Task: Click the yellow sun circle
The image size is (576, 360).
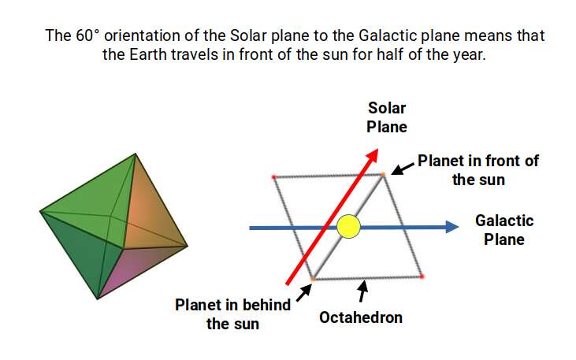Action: pyautogui.click(x=348, y=228)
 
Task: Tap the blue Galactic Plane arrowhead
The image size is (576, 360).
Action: pyautogui.click(x=452, y=228)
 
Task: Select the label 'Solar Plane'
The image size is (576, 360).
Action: pyautogui.click(x=387, y=117)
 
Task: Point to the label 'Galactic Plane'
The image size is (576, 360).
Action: pyautogui.click(x=504, y=229)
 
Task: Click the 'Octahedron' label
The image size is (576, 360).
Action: pyautogui.click(x=361, y=317)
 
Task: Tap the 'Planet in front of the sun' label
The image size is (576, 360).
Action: pyautogui.click(x=478, y=169)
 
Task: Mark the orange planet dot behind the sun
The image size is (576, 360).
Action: pyautogui.click(x=313, y=279)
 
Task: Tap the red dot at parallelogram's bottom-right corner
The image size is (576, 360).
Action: pyautogui.click(x=423, y=276)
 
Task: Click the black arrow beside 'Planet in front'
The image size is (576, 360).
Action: pyautogui.click(x=402, y=168)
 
